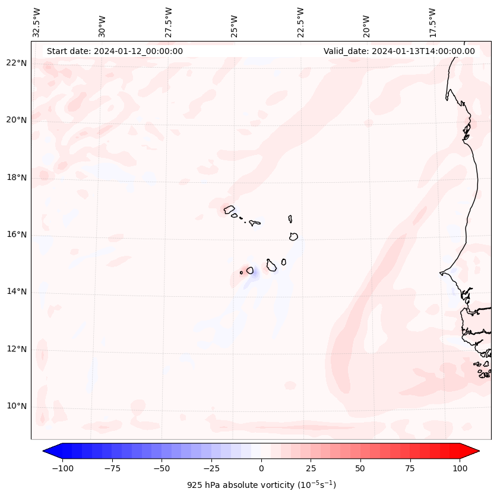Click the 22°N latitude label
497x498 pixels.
coord(17,63)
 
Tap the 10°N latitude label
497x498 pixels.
coord(17,407)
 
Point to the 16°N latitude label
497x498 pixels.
coord(17,234)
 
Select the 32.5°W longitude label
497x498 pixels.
coord(37,23)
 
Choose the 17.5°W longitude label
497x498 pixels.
coord(432,23)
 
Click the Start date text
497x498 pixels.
coord(115,51)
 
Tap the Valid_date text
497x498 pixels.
coord(399,51)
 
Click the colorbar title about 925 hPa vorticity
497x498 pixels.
coord(261,485)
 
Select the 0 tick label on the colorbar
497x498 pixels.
coord(261,468)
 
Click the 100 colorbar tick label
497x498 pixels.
coord(460,468)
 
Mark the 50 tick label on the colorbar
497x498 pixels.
coord(360,468)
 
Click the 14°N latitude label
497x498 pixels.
coord(17,291)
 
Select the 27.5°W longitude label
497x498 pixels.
coord(169,23)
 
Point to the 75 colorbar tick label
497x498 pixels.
coord(410,468)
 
